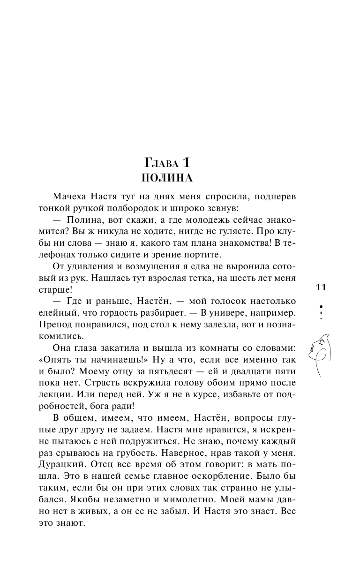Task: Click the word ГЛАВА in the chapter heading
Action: pyautogui.click(x=160, y=164)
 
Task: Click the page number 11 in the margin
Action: pyautogui.click(x=321, y=287)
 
